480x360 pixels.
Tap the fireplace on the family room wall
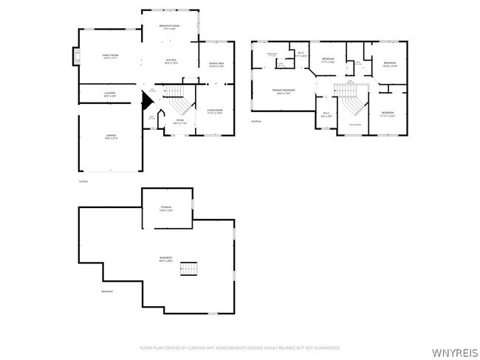click(75, 57)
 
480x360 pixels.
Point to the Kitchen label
click(171, 62)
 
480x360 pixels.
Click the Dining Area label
click(217, 65)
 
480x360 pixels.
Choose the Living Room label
click(216, 112)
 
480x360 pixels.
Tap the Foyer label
click(179, 122)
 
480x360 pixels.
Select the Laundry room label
click(110, 94)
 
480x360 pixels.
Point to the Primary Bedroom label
click(281, 91)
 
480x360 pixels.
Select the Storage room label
click(167, 209)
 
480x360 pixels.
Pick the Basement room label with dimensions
click(165, 259)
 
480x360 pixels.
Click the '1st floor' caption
click(83, 181)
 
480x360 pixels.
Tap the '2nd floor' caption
click(256, 120)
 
